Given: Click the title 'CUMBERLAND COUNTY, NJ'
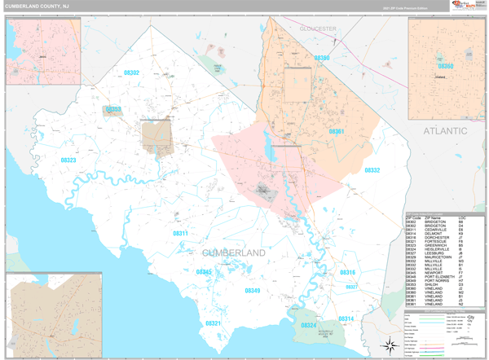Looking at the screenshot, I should (x=38, y=7).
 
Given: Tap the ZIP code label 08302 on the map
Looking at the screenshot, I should (x=131, y=73).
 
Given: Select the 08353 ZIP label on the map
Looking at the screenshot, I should (x=112, y=109).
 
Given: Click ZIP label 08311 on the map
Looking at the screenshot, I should (x=180, y=234).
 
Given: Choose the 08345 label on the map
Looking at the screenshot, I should (x=204, y=271).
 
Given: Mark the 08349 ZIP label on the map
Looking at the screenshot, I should (x=253, y=290).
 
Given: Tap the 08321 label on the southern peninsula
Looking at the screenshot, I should (x=212, y=323).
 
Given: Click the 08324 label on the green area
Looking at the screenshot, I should (x=309, y=325).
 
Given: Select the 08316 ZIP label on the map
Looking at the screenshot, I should (x=347, y=272).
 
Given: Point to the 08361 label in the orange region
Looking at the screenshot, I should (x=336, y=131).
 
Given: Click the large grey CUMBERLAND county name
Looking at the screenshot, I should (x=233, y=253).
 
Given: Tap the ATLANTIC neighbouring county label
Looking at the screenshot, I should (x=443, y=130).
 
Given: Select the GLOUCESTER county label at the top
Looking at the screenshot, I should (x=317, y=29).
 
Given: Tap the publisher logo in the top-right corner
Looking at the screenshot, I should (x=462, y=7).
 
